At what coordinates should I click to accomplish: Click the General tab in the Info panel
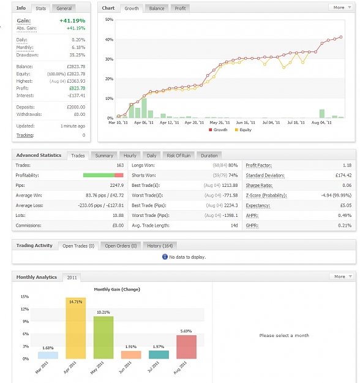pyautogui.click(x=64, y=9)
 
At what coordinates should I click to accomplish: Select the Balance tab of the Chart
pyautogui.click(x=157, y=9)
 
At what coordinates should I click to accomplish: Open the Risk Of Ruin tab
pyautogui.click(x=178, y=156)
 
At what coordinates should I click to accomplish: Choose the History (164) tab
pyautogui.click(x=160, y=246)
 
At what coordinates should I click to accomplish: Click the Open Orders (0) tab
pyautogui.click(x=121, y=246)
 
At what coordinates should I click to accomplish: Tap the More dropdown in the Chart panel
pyautogui.click(x=342, y=7)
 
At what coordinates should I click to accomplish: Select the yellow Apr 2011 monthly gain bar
pyautogui.click(x=76, y=328)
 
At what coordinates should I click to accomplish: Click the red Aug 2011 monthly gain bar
pyautogui.click(x=187, y=347)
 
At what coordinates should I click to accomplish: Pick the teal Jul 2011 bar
pyautogui.click(x=159, y=355)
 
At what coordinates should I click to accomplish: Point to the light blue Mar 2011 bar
pyautogui.click(x=48, y=355)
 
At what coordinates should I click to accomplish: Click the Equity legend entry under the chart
pyautogui.click(x=243, y=130)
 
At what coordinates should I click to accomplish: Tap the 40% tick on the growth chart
pyautogui.click(x=109, y=39)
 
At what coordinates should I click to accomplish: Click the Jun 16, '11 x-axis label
pyautogui.click(x=246, y=123)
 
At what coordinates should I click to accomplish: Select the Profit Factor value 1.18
pyautogui.click(x=347, y=165)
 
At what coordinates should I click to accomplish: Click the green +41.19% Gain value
pyautogui.click(x=72, y=21)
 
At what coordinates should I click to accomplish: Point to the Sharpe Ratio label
pyautogui.click(x=259, y=186)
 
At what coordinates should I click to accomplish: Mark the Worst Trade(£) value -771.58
pyautogui.click(x=230, y=195)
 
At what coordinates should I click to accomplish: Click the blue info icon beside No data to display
pyautogui.click(x=165, y=257)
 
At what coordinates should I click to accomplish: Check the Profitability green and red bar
pyautogui.click(x=103, y=175)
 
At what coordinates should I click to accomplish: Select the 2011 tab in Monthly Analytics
pyautogui.click(x=72, y=278)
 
